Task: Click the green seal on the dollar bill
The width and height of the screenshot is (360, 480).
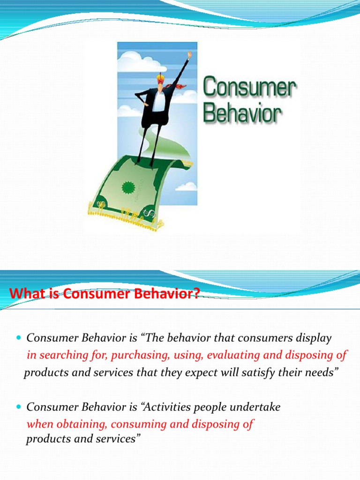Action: tap(129, 188)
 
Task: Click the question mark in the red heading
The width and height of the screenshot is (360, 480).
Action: tap(195, 294)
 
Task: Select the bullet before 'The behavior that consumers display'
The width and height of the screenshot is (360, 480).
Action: tap(19, 338)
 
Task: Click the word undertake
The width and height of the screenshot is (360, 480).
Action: tap(258, 407)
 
